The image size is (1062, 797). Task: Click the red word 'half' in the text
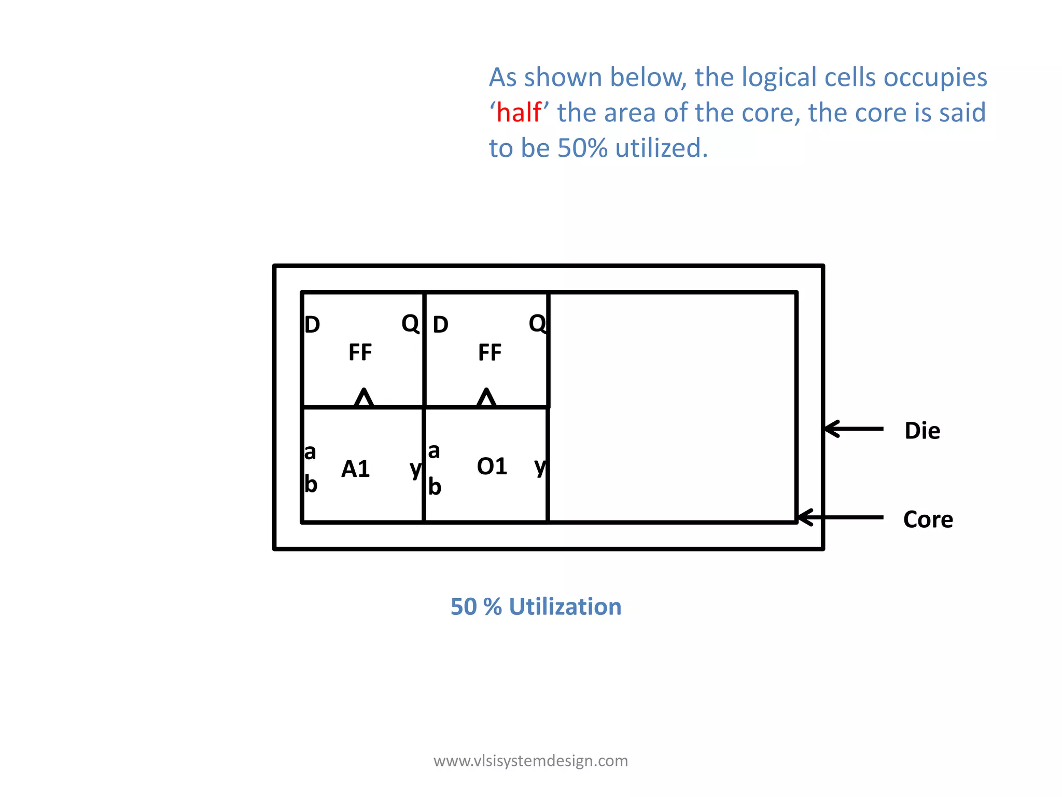point(519,113)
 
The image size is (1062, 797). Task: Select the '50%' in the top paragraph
point(582,148)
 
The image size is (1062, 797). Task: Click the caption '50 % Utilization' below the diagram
point(536,607)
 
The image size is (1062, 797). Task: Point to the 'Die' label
point(922,431)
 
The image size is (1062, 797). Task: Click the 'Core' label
point(928,519)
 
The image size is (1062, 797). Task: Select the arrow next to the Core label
point(840,517)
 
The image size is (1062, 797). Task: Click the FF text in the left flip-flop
point(360,353)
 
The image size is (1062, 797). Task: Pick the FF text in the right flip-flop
point(490,353)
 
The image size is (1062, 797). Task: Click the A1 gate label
point(355,469)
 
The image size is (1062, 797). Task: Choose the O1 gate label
point(492,466)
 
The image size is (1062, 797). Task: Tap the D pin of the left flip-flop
point(312,325)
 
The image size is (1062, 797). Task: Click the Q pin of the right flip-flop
point(537,323)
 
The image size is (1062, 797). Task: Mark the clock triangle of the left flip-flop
point(364,398)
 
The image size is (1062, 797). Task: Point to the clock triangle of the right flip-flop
point(486,398)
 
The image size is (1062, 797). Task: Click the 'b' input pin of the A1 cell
point(311,484)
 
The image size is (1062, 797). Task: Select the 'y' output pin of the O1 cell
point(540,466)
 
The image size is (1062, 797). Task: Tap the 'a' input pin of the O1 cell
point(434,451)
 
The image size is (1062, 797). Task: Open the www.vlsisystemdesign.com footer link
point(530,761)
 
